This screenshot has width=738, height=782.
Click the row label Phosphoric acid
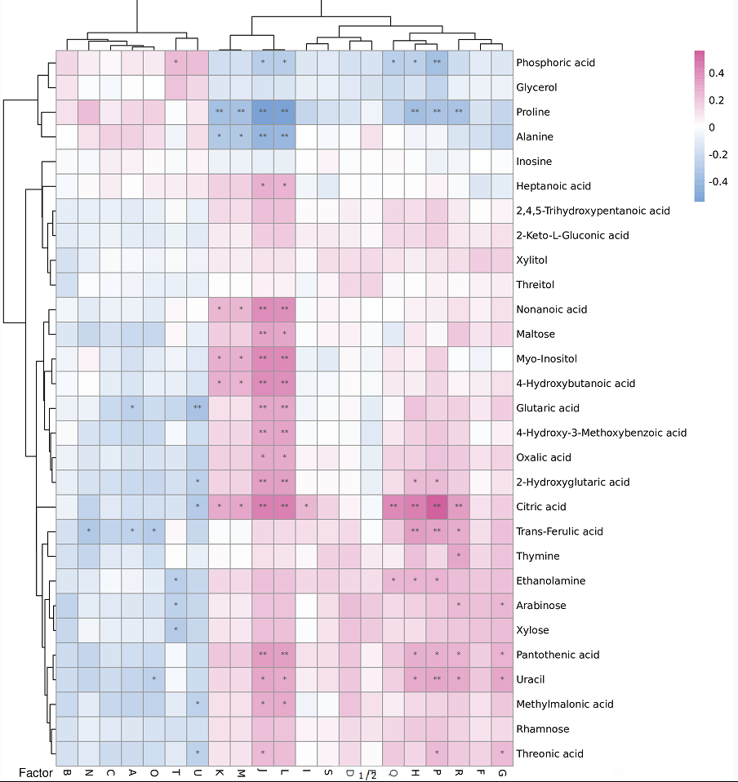click(555, 63)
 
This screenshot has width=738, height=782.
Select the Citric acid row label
click(540, 507)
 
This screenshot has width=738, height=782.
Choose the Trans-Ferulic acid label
click(559, 531)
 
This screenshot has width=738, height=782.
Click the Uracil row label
click(530, 679)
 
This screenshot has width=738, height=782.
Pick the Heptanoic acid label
click(553, 186)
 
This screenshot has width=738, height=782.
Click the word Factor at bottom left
click(35, 772)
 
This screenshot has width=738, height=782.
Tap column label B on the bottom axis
click(67, 772)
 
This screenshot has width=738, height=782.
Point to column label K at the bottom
click(220, 772)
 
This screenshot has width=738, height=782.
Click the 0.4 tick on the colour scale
click(717, 73)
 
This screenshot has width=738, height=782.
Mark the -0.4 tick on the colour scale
click(718, 181)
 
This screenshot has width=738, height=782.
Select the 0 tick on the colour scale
click(712, 127)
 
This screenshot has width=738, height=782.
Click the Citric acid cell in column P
click(438, 507)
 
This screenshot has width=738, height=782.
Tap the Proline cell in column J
click(263, 112)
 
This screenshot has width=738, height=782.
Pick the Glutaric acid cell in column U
click(198, 408)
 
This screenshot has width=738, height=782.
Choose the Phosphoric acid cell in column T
click(176, 63)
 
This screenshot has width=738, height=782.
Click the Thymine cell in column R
click(460, 556)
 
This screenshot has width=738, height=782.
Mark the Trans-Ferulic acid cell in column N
click(88, 531)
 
